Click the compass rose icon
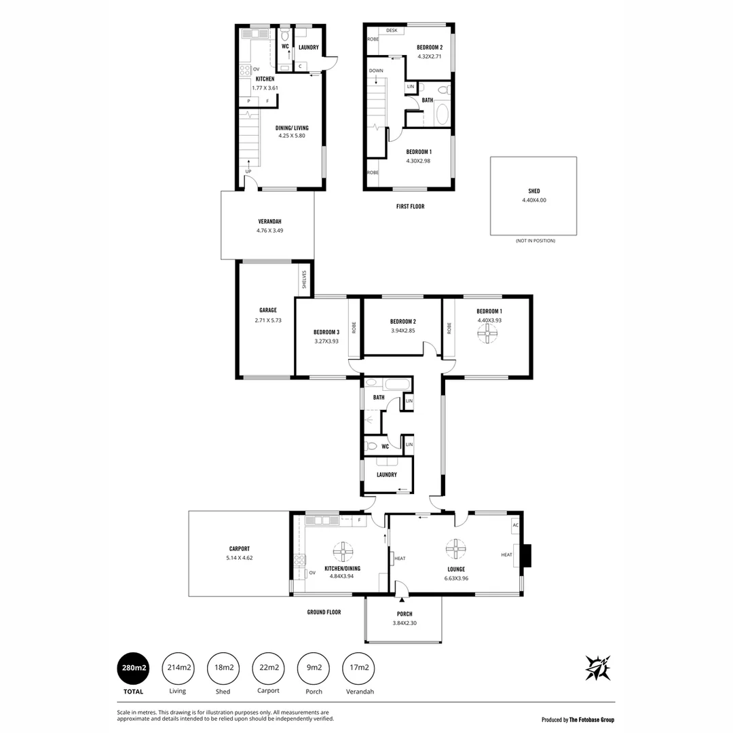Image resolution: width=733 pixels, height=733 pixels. click(597, 668)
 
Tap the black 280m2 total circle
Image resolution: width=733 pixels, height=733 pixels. click(134, 668)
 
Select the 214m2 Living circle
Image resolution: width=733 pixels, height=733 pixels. click(178, 668)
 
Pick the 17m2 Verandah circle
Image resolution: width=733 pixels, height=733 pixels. click(358, 668)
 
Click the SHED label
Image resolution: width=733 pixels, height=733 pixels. click(533, 191)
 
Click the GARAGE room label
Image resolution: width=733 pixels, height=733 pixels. click(267, 310)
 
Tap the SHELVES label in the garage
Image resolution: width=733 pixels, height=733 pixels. click(304, 280)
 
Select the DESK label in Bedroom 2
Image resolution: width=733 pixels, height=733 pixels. click(392, 31)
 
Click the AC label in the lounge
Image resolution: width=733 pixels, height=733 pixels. click(515, 525)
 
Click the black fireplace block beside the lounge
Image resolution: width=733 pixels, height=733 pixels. click(527, 555)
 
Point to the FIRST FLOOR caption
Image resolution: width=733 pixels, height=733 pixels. click(410, 206)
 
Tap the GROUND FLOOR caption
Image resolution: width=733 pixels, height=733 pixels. click(324, 612)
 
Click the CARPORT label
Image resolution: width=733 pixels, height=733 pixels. click(239, 548)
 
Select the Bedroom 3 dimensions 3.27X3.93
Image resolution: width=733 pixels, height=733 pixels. click(326, 341)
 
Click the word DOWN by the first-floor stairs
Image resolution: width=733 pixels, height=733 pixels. click(376, 71)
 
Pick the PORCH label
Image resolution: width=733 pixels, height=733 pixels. click(405, 614)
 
